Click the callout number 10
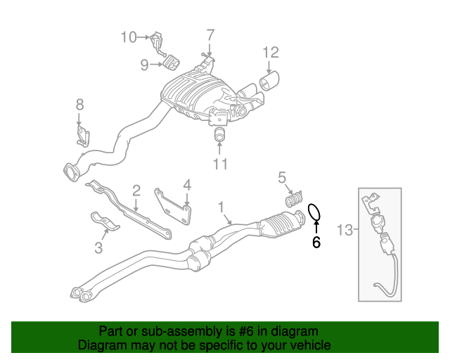[129, 37]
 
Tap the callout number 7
[210, 34]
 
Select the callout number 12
[271, 51]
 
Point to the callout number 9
[144, 65]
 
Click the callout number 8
[79, 105]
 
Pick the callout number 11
[220, 165]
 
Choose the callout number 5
[283, 177]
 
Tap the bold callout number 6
[316, 243]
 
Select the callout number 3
[98, 247]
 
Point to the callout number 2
[136, 189]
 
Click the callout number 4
[187, 186]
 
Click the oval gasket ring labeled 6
[316, 211]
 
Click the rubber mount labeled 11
[219, 134]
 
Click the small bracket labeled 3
[105, 223]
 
